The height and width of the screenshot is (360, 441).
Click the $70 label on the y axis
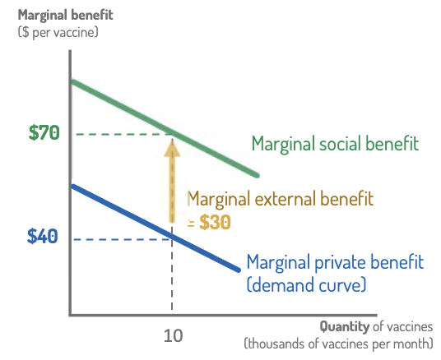[x=44, y=133]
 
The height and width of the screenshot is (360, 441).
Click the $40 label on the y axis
[x=44, y=237]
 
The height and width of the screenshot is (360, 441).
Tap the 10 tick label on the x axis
[x=172, y=335]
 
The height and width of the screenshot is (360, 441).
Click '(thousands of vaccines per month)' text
[x=338, y=343]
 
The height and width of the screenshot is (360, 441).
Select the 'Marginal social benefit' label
[x=335, y=144]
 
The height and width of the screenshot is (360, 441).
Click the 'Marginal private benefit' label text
[x=335, y=264]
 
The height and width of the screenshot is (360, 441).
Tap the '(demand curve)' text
[x=306, y=284]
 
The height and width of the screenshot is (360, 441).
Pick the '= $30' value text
[x=210, y=221]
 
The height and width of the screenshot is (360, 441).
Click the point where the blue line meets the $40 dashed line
[x=172, y=238]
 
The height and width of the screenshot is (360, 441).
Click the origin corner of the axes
[x=71, y=314]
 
